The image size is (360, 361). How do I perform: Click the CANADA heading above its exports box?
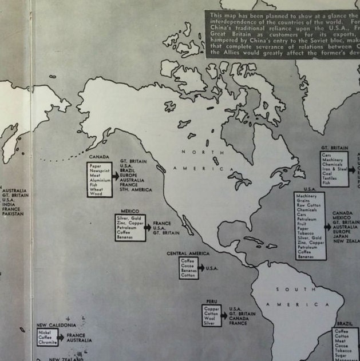pos(98,156)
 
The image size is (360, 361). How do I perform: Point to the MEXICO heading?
pos(130,211)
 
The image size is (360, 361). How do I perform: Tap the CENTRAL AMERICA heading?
pos(188,253)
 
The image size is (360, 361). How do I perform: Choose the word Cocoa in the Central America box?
pos(188,265)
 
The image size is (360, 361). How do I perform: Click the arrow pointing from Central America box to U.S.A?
pos(201,268)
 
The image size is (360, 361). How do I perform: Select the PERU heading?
pos(211,301)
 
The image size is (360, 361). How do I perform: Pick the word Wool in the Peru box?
pos(209,318)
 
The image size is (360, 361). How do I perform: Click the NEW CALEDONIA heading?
pos(56,325)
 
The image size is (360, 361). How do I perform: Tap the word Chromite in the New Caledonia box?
pos(48,342)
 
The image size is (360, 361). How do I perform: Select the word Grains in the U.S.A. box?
pos(303,201)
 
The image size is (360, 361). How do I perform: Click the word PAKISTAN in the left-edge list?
pos(11,214)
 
